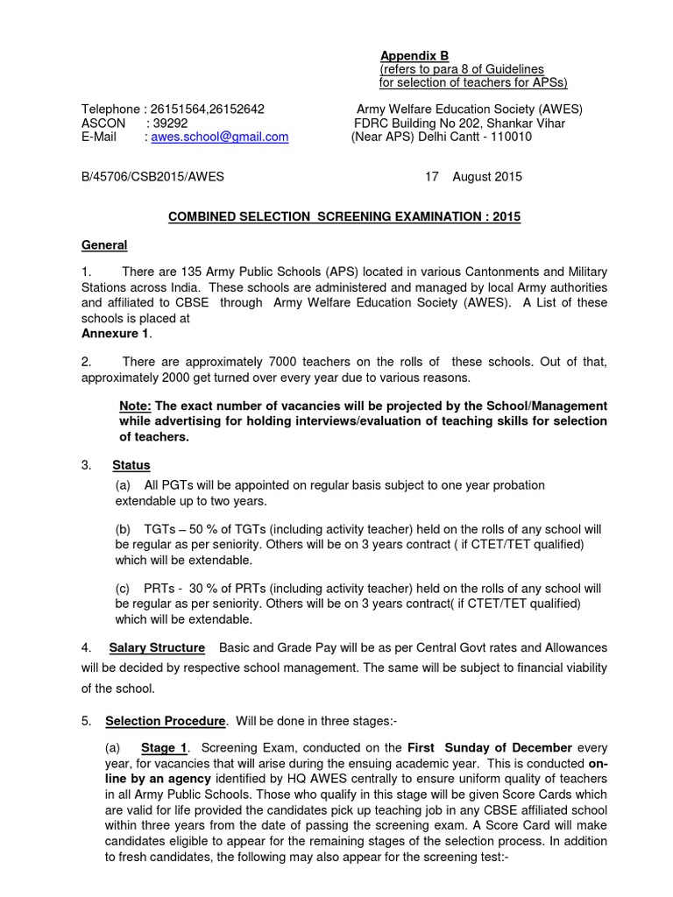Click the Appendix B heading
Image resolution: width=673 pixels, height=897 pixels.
pyautogui.click(x=414, y=56)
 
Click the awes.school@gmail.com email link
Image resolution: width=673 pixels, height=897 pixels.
pyautogui.click(x=220, y=138)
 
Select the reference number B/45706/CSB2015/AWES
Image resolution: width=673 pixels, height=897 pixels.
pyautogui.click(x=152, y=176)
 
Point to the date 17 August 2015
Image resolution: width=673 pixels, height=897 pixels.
pyautogui.click(x=473, y=176)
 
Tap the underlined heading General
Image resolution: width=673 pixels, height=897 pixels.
pyautogui.click(x=104, y=245)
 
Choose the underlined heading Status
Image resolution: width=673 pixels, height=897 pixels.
pyautogui.click(x=131, y=465)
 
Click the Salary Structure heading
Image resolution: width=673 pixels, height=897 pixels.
pyautogui.click(x=157, y=647)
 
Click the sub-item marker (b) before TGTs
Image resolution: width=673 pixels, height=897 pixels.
pyautogui.click(x=123, y=530)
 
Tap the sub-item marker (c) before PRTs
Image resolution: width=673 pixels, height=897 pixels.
pyautogui.click(x=123, y=589)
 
